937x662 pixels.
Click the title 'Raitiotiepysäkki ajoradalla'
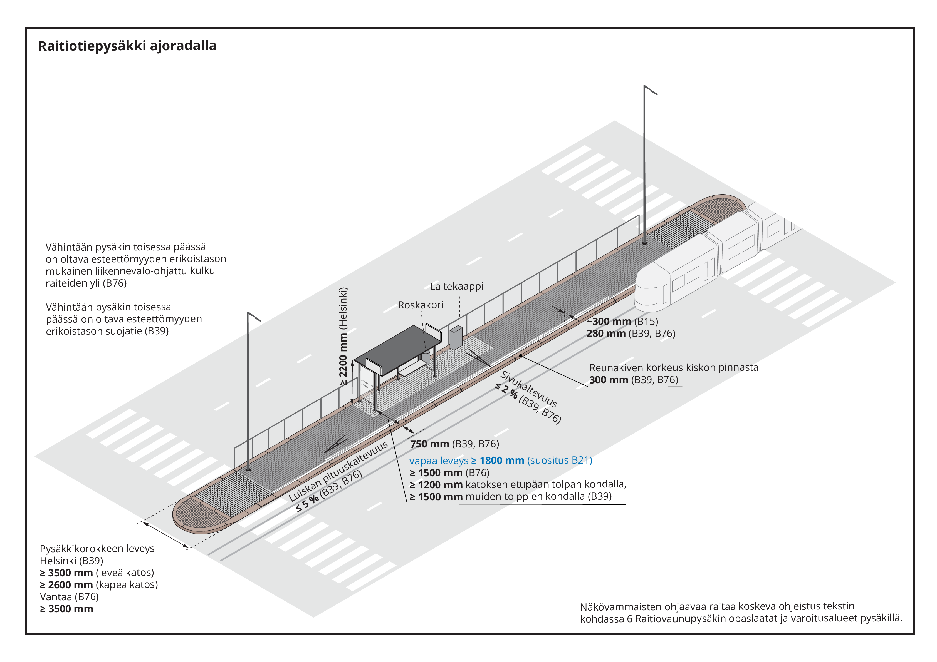coord(127,46)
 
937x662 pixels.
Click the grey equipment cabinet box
coord(456,337)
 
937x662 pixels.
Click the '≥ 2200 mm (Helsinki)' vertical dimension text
coord(343,337)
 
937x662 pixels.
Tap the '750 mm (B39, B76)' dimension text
coord(454,444)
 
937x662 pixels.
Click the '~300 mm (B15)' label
coord(622,322)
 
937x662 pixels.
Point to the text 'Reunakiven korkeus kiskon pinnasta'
coord(673,367)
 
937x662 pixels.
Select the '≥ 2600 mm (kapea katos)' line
coord(99,584)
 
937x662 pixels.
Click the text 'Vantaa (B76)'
coord(69,597)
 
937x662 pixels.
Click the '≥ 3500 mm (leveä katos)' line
coord(97,573)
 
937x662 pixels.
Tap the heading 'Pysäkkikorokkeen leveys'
coord(97,549)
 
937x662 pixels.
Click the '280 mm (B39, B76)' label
coord(631,334)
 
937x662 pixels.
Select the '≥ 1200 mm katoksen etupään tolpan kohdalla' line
coord(518,485)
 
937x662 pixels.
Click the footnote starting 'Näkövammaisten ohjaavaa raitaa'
coord(741,612)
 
